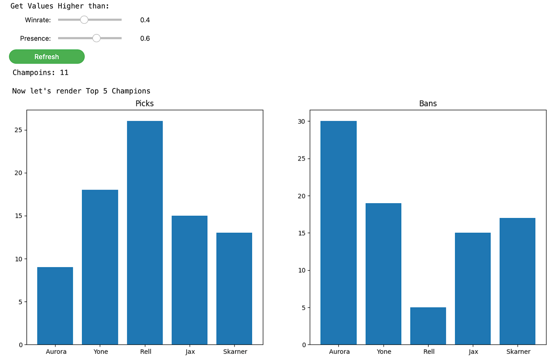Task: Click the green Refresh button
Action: tap(47, 57)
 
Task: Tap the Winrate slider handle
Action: tap(84, 20)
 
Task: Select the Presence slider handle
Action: tap(97, 38)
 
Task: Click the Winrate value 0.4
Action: tap(145, 20)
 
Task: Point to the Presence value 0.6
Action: tap(145, 38)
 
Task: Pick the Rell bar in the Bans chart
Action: tap(428, 326)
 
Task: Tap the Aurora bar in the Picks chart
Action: tap(55, 306)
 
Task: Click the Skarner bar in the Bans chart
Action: tap(517, 281)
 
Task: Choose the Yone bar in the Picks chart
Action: tap(100, 267)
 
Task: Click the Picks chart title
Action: tap(145, 104)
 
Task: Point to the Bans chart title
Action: tap(428, 104)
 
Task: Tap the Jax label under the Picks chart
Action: tap(189, 352)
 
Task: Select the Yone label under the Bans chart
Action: tap(383, 352)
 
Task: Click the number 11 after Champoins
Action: tap(64, 73)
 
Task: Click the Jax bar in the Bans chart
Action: tap(472, 289)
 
